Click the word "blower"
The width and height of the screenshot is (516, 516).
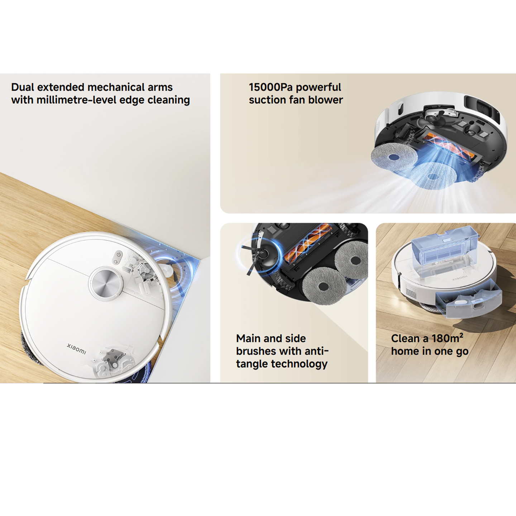tap(325, 100)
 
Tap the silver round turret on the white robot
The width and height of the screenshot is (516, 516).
tap(106, 283)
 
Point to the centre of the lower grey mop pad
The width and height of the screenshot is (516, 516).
tap(324, 287)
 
